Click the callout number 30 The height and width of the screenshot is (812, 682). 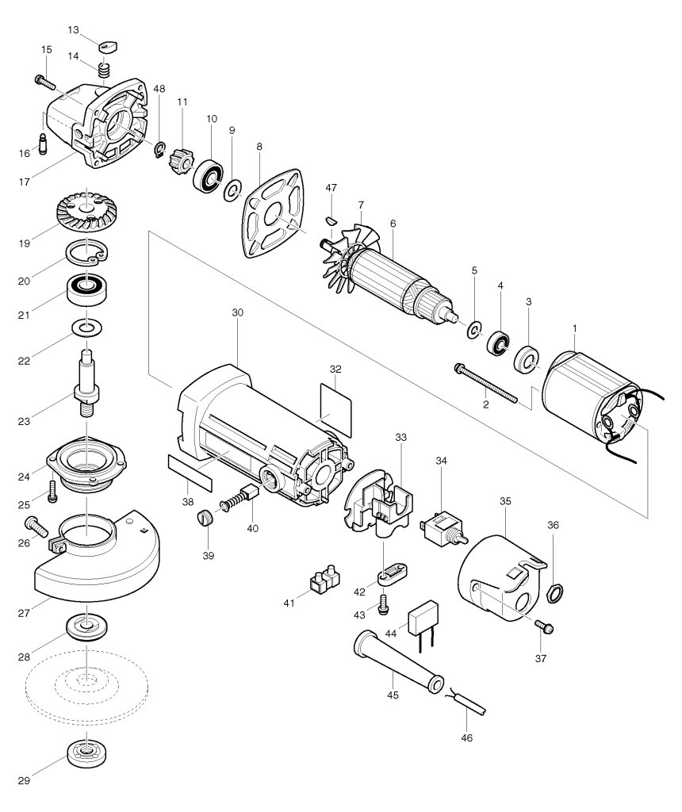tap(237, 312)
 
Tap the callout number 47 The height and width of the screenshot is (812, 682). tap(331, 187)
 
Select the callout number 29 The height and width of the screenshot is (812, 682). tap(24, 780)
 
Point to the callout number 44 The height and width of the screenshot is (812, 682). tap(391, 634)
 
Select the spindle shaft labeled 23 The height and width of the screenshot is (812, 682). tap(87, 382)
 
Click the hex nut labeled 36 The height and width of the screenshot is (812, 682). tap(554, 592)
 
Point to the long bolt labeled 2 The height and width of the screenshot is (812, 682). tap(485, 383)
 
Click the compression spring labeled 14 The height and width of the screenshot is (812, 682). tap(105, 70)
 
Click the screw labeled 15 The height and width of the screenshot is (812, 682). tap(45, 82)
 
